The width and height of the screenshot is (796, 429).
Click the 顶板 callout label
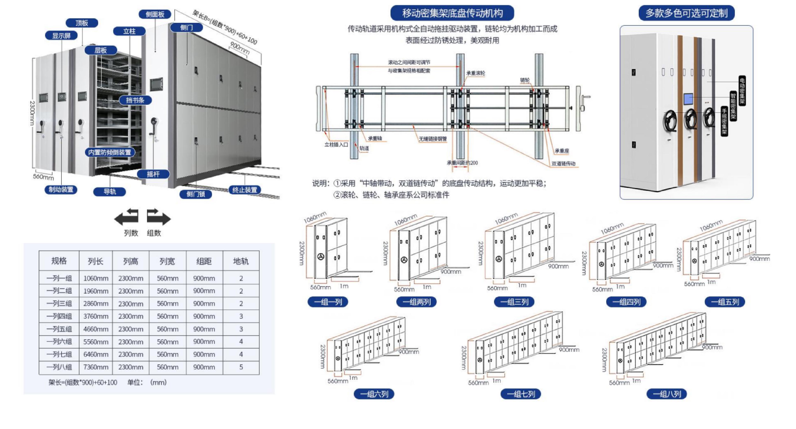click(82, 23)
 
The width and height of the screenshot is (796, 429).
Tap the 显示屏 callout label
click(61, 36)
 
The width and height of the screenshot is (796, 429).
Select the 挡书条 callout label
click(135, 100)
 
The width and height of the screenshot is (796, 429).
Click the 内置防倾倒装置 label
click(110, 152)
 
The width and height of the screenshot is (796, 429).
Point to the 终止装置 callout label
click(244, 190)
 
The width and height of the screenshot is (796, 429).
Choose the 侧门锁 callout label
click(196, 194)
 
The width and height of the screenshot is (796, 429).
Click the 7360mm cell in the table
click(96, 367)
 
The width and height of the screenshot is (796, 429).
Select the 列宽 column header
click(167, 261)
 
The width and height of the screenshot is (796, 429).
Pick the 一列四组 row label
click(59, 316)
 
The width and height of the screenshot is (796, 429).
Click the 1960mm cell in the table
click(96, 291)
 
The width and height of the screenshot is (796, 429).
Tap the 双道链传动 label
click(563, 163)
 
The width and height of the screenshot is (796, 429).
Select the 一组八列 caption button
click(667, 394)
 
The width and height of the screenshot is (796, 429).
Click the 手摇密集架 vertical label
click(724, 121)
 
